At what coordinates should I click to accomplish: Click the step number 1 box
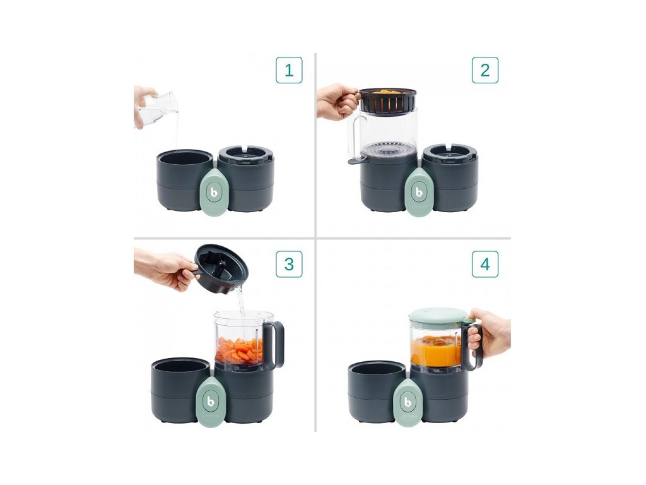coord(289,70)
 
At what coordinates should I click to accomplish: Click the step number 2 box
coord(485,70)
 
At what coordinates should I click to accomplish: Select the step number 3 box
coord(289,264)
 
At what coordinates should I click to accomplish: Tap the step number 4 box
coord(485,264)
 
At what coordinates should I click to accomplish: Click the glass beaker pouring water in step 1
coord(158,107)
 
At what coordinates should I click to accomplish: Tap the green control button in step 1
coord(213,192)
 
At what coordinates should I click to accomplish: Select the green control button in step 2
coord(419,192)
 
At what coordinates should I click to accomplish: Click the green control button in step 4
coord(407,402)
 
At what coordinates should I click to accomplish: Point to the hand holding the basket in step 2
coord(336,102)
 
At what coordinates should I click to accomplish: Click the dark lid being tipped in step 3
coord(218,269)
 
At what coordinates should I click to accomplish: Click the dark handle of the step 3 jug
coord(274,344)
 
